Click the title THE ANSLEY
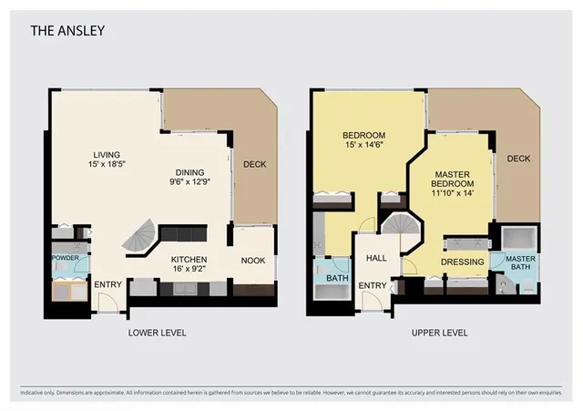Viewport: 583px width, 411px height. coord(68,31)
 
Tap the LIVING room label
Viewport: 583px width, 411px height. coord(107,155)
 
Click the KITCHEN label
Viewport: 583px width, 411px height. coord(190,260)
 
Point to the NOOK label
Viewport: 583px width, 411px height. coord(253,261)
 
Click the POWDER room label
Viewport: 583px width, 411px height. coord(65,259)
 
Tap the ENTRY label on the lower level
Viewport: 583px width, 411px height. coord(107,285)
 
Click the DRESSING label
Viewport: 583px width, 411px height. coord(461,261)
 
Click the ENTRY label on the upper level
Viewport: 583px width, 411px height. coord(373,286)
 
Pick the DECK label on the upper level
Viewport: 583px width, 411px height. coord(518,159)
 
